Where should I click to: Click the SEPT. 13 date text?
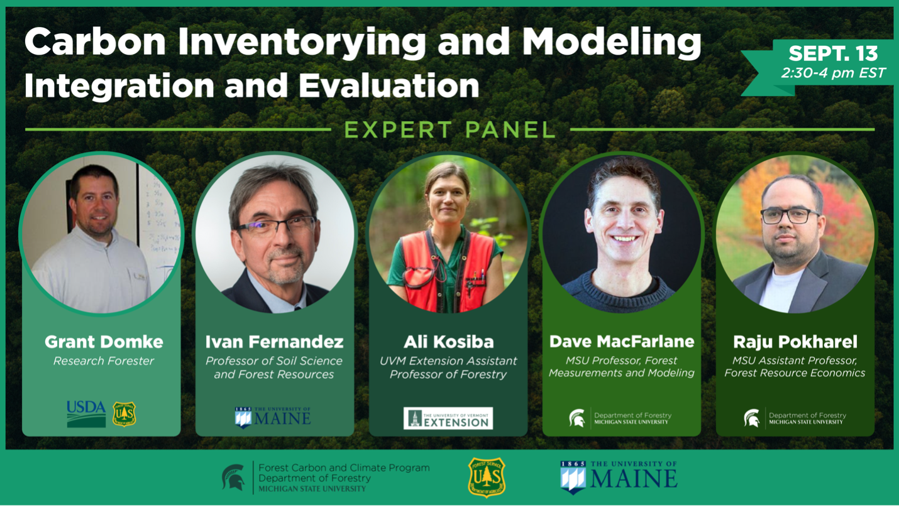click(832, 53)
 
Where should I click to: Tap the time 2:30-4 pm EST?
click(832, 73)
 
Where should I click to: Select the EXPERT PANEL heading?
click(449, 130)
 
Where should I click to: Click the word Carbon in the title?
click(96, 43)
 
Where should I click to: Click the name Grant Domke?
click(104, 342)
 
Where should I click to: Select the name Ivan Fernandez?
click(274, 342)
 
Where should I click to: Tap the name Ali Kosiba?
click(448, 342)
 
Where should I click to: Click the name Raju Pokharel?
click(795, 342)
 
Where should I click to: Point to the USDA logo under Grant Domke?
click(86, 414)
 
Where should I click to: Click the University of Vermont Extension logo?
click(448, 418)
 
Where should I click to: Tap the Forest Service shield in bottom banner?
click(487, 477)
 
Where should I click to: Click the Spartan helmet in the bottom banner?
click(234, 477)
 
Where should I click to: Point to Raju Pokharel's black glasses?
click(790, 215)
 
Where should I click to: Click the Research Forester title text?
click(104, 361)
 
